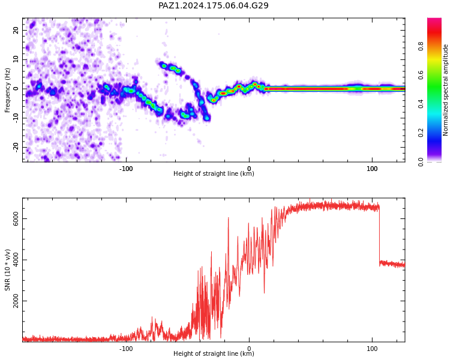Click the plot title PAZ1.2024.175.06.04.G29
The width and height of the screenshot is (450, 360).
(x=213, y=5)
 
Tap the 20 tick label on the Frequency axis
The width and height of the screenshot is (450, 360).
(x=16, y=30)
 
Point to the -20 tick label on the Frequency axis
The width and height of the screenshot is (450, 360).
(x=16, y=147)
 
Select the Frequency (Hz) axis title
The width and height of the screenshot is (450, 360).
(x=7, y=90)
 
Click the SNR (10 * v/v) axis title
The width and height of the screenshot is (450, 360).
(x=7, y=270)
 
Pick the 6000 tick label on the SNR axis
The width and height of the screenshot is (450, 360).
(x=16, y=219)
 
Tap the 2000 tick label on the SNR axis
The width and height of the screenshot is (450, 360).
(x=16, y=301)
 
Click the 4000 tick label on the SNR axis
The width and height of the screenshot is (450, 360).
(x=16, y=260)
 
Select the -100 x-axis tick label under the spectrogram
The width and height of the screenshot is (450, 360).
(x=126, y=169)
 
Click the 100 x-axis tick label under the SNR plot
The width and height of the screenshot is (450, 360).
(x=372, y=349)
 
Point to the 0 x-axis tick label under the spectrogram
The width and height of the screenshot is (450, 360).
(x=249, y=169)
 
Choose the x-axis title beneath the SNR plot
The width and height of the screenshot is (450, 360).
(x=214, y=353)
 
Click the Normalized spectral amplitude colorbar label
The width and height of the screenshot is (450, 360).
(x=445, y=90)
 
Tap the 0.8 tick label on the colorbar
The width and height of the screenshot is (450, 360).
(x=421, y=46)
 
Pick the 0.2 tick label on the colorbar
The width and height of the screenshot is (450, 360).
(x=421, y=133)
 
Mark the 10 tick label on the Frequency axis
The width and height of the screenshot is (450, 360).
(x=16, y=59)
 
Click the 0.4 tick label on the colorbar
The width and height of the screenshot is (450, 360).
(x=421, y=104)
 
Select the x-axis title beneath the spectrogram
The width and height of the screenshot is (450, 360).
(x=214, y=173)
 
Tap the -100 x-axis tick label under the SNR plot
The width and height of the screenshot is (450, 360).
(x=126, y=349)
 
